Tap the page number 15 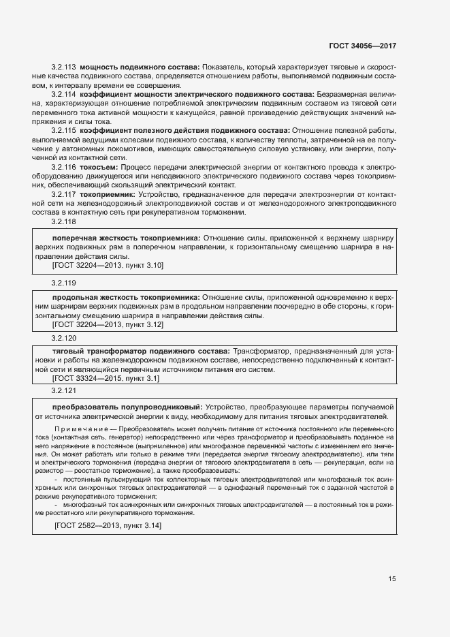coord(392,579)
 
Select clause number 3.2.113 coord(63,67)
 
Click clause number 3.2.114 coord(63,93)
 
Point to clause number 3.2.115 coord(63,129)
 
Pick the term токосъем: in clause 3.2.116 coord(99,166)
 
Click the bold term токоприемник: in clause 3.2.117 coord(108,194)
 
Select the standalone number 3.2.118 coord(63,221)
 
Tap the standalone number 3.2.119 coord(63,282)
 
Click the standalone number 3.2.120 coord(63,337)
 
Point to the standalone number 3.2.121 coord(63,390)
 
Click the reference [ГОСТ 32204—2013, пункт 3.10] coord(108,264)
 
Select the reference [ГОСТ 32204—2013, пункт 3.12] coord(108,325)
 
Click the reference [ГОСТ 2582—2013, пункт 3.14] coord(108,526)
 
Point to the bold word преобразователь coord(86,407)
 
